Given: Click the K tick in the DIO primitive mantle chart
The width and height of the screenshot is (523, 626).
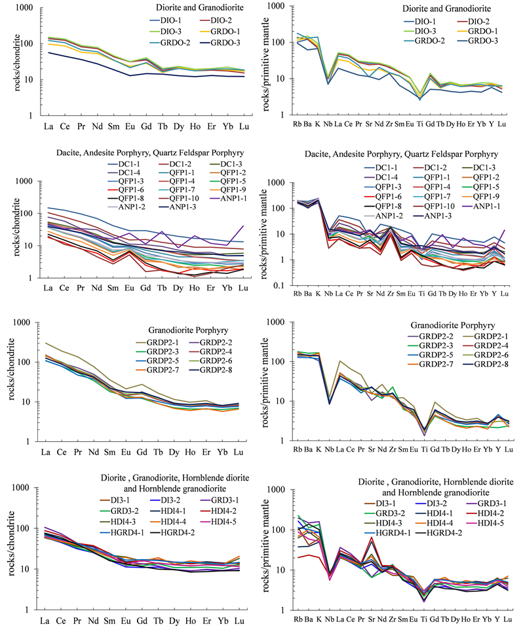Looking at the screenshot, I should (317, 125).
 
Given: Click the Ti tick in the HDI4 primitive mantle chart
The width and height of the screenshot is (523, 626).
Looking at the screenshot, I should (424, 618).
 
